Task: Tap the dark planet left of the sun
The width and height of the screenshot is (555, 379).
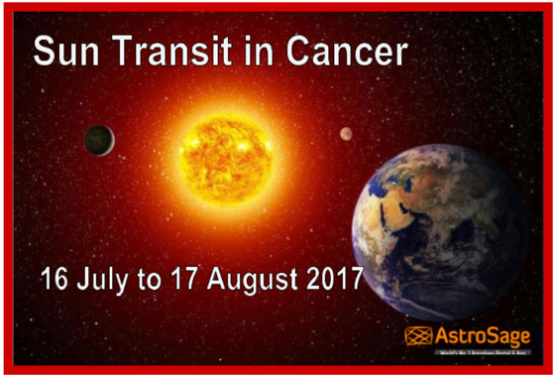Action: coord(99,140)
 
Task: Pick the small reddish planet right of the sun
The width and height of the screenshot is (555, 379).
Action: coord(346,134)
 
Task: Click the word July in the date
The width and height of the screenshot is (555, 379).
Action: coord(107,278)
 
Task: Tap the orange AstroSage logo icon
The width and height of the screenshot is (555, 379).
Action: coord(417,335)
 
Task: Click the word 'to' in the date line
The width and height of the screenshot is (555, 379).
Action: coord(150,279)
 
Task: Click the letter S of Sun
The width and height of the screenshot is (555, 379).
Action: coord(46,51)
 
